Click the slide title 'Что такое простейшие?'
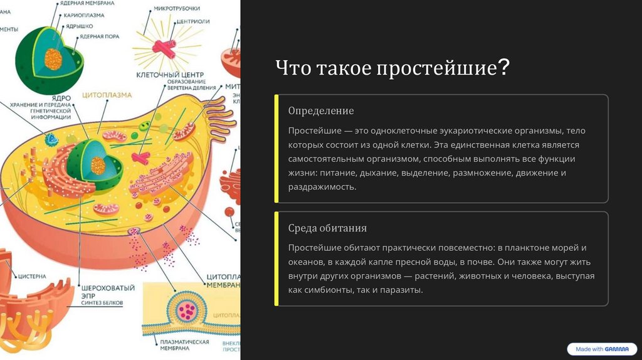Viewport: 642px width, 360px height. tap(392, 68)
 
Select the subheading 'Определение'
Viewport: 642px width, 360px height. tap(321, 111)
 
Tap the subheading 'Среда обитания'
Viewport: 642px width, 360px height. tap(327, 228)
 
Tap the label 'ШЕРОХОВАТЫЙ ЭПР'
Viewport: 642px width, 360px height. tap(108, 292)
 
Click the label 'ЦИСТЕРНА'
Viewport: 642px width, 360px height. tap(32, 275)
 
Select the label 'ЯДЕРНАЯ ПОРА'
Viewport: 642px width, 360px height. tap(97, 37)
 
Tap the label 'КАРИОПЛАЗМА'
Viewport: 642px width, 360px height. tap(83, 15)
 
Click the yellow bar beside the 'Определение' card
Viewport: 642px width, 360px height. tap(276, 149)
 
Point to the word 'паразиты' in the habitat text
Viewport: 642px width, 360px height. tap(404, 290)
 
